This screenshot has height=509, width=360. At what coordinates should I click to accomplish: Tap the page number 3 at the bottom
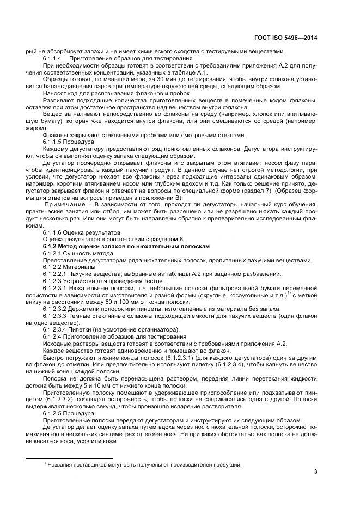pyautogui.click(x=316, y=471)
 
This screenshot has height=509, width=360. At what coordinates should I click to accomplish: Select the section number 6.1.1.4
pyautogui.click(x=54, y=58)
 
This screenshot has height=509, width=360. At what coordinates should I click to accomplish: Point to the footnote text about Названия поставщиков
pyautogui.click(x=144, y=464)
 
